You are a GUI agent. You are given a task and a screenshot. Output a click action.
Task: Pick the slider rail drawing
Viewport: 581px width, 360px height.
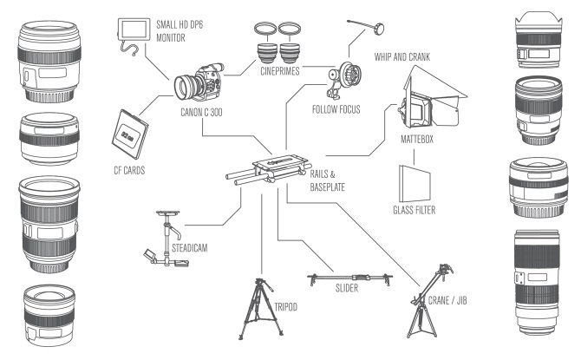(350, 280)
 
